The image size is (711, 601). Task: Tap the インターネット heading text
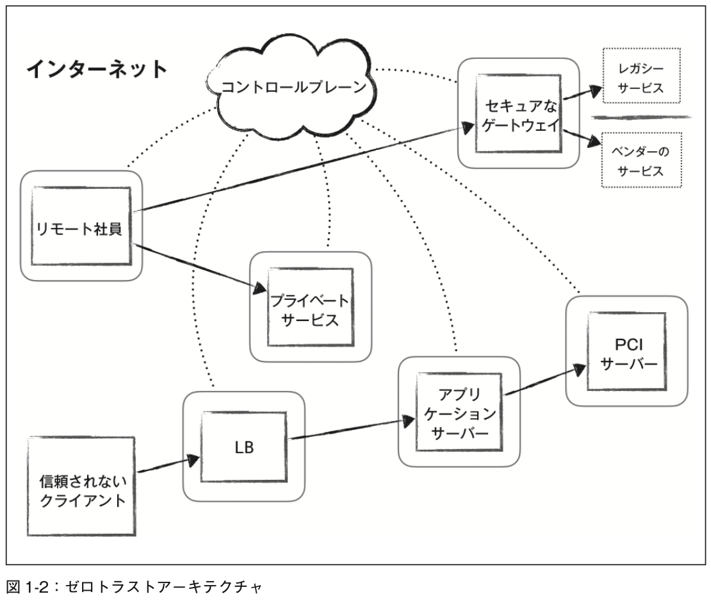point(96,69)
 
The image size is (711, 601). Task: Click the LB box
point(244,447)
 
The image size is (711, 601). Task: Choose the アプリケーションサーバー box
point(457,412)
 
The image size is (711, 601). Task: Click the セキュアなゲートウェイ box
point(518,113)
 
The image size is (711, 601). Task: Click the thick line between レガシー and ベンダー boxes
point(641,117)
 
